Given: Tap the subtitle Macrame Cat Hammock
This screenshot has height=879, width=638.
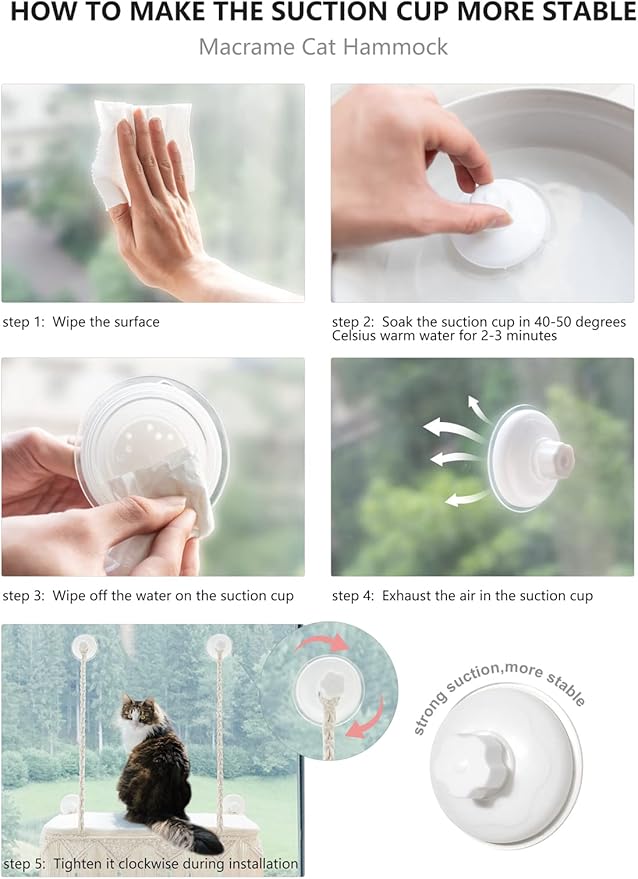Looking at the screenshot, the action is [x=323, y=47].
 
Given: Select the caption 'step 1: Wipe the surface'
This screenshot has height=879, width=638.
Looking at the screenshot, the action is [x=81, y=322].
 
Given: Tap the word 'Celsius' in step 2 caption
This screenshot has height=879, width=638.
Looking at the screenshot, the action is [x=354, y=336].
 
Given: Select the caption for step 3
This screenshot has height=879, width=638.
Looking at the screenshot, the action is [x=148, y=595].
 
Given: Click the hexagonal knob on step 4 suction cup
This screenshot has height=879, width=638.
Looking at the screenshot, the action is [x=552, y=458].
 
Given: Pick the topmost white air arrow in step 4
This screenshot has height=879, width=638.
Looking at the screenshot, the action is [x=478, y=408].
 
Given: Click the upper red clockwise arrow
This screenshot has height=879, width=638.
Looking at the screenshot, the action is [x=323, y=642].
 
